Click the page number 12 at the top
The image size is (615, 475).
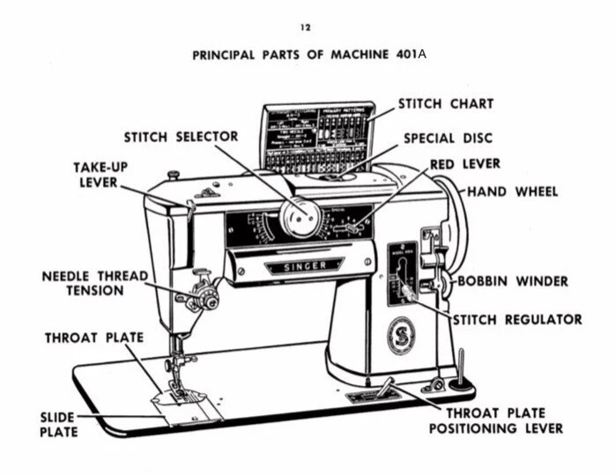(306, 28)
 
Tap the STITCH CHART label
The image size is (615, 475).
(446, 104)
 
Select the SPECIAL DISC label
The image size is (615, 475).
(448, 138)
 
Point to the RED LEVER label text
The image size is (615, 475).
(465, 165)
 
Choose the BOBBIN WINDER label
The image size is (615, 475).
(513, 282)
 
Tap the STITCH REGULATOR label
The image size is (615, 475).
(517, 319)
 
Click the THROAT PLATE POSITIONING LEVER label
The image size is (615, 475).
(495, 420)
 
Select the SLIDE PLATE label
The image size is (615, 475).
(58, 424)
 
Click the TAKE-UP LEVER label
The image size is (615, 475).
(99, 174)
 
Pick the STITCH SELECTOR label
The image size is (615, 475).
(181, 137)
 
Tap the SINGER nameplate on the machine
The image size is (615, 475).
(305, 265)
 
